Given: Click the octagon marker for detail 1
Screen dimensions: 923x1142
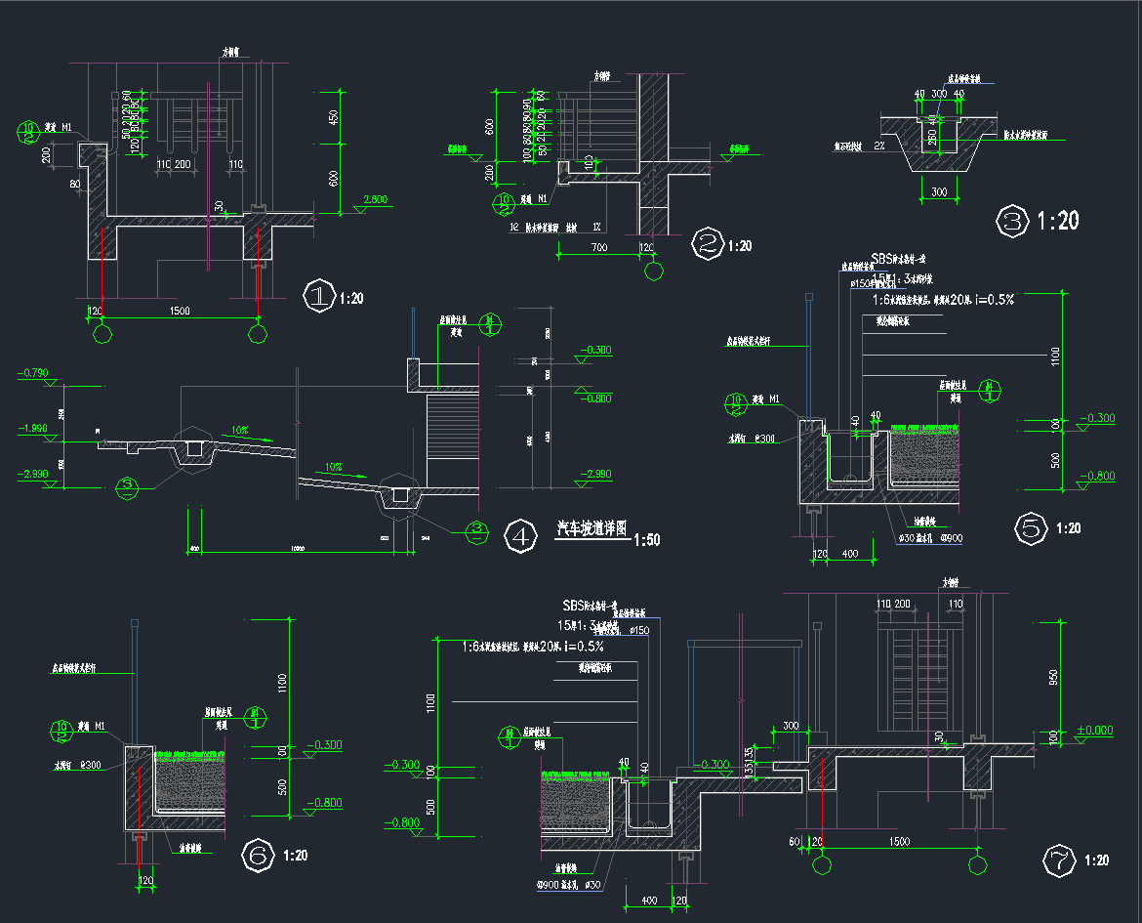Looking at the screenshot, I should pyautogui.click(x=318, y=296).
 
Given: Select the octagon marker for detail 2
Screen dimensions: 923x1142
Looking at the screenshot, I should pyautogui.click(x=706, y=244).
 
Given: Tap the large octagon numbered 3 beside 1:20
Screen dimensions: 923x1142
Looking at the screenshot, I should pyautogui.click(x=1011, y=221).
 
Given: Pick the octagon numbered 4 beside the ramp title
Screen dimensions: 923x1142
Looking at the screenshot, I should pyautogui.click(x=521, y=536).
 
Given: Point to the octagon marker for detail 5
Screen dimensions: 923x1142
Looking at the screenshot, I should pyautogui.click(x=1031, y=528).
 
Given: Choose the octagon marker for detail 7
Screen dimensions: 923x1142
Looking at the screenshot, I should pyautogui.click(x=1059, y=860).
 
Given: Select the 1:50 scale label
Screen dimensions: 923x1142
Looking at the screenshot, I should pyautogui.click(x=646, y=540).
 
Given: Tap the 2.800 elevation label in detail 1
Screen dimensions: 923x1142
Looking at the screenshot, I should pyautogui.click(x=375, y=200).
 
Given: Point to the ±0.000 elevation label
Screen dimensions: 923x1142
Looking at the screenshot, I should pyautogui.click(x=1094, y=731).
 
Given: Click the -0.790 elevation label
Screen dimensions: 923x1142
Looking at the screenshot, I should pyautogui.click(x=33, y=373).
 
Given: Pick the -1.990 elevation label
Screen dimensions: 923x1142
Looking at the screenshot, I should pyautogui.click(x=33, y=428).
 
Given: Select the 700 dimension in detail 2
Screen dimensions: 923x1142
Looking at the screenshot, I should pyautogui.click(x=598, y=247).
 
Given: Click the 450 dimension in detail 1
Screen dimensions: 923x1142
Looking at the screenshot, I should pyautogui.click(x=333, y=117).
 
